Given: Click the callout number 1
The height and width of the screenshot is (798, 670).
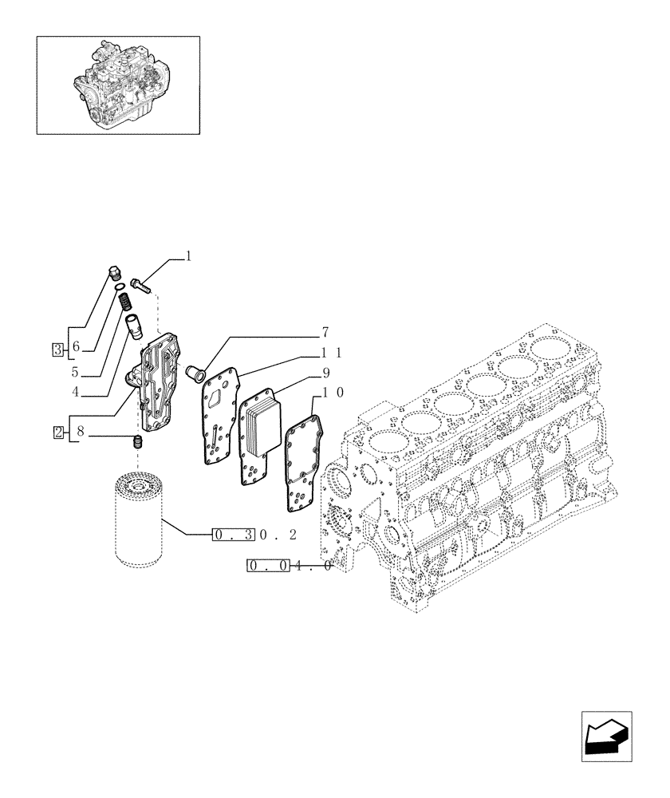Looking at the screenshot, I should [x=188, y=257].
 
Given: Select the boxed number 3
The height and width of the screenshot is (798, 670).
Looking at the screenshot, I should [x=57, y=348].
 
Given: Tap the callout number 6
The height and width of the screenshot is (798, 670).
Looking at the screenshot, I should [x=76, y=347].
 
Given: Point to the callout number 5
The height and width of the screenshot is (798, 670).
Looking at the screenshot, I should [x=76, y=371].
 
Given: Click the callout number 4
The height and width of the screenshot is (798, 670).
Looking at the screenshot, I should [x=76, y=391].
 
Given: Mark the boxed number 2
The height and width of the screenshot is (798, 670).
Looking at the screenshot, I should [x=57, y=433].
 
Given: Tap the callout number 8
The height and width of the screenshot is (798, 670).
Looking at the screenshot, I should [x=81, y=433].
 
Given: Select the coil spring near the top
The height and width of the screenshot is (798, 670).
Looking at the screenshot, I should [x=124, y=303].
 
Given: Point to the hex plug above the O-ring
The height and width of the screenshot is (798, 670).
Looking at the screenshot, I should [x=113, y=274].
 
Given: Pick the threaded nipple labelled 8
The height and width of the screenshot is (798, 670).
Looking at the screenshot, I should [x=137, y=441].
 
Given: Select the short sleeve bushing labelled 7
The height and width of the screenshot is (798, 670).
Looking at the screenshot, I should [x=194, y=371].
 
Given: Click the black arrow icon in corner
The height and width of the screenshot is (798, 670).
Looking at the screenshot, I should [x=607, y=735].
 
